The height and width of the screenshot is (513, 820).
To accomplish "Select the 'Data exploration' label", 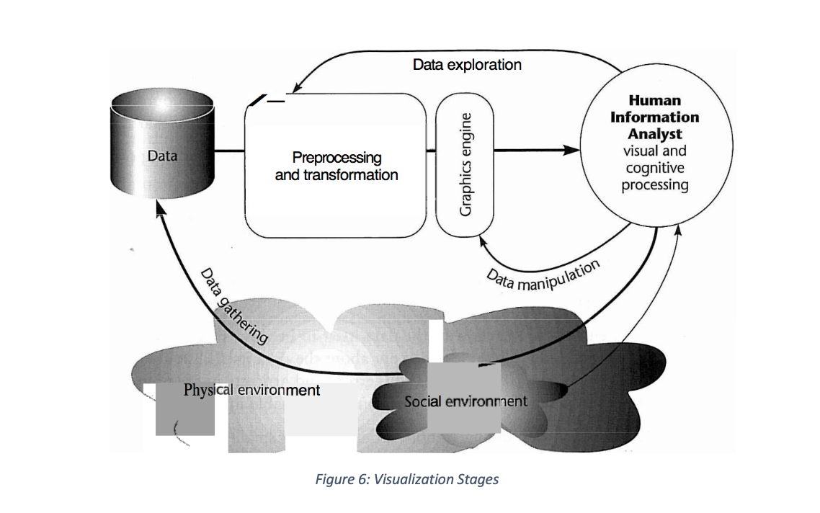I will pos(467,65).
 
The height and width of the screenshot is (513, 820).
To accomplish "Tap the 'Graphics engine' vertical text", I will pos(466,164).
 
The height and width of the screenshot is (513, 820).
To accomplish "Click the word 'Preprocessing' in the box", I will pos(337,157).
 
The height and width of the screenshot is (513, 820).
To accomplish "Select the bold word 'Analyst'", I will pos(654,134).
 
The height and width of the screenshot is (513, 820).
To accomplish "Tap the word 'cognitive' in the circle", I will pos(654,168).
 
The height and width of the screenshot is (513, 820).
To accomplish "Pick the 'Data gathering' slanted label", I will pos(234,306).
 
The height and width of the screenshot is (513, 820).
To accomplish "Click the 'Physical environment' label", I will pos(251,390).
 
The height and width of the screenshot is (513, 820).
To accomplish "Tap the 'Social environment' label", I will pos(465,401).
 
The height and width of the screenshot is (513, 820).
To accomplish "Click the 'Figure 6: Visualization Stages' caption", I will pos(406,479).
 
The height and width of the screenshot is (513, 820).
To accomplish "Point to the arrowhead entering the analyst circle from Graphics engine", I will pos(573,151).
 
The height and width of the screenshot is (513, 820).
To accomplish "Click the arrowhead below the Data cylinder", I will pos(160,209).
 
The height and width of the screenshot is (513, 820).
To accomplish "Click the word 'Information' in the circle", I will pos(654,117).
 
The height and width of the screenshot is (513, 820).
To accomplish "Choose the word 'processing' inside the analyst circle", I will pos(654,185).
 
